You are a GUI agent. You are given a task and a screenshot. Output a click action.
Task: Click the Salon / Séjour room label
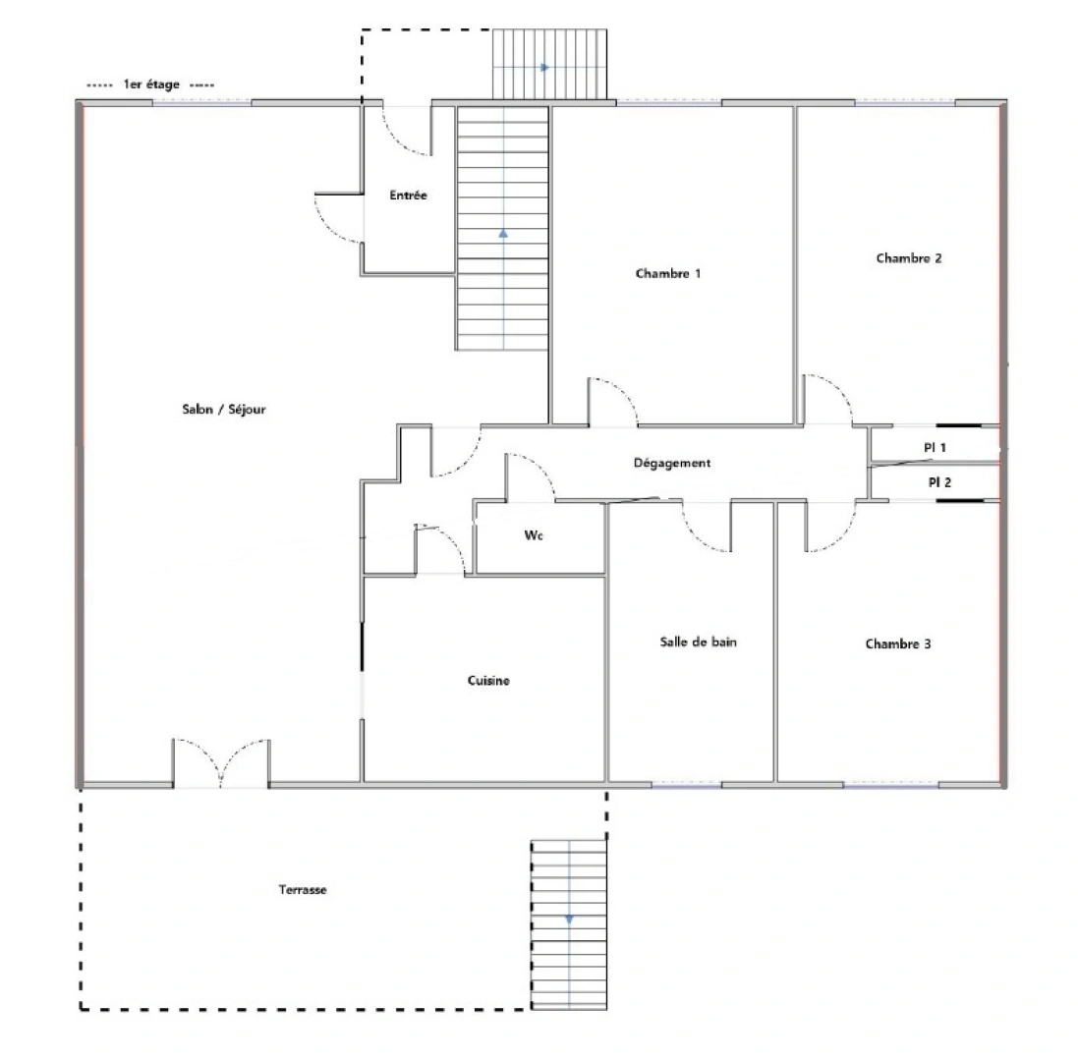224,410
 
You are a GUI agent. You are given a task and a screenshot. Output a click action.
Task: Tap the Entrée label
408,195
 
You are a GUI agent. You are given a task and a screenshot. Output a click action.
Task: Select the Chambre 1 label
668,274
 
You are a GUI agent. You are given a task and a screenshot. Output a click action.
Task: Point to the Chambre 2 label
909,258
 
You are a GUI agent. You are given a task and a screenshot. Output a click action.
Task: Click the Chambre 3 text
898,644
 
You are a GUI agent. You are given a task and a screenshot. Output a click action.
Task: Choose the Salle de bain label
698,642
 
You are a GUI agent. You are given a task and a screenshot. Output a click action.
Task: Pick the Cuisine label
488,681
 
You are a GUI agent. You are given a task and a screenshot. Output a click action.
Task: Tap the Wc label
534,535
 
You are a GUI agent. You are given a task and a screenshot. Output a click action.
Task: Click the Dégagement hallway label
672,463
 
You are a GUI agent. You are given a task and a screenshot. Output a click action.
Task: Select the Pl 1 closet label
935,447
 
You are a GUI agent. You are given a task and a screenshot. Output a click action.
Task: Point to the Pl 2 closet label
939,482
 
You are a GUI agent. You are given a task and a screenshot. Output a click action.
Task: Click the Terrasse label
303,890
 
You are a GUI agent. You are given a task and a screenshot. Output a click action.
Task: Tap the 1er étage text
151,84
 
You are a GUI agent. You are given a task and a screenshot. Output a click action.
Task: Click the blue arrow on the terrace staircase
568,920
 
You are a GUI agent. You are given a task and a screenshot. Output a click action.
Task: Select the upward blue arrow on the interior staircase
503,233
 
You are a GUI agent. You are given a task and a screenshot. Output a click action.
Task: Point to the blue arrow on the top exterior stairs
545,67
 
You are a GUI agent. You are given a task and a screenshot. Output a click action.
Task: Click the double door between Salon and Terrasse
221,763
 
